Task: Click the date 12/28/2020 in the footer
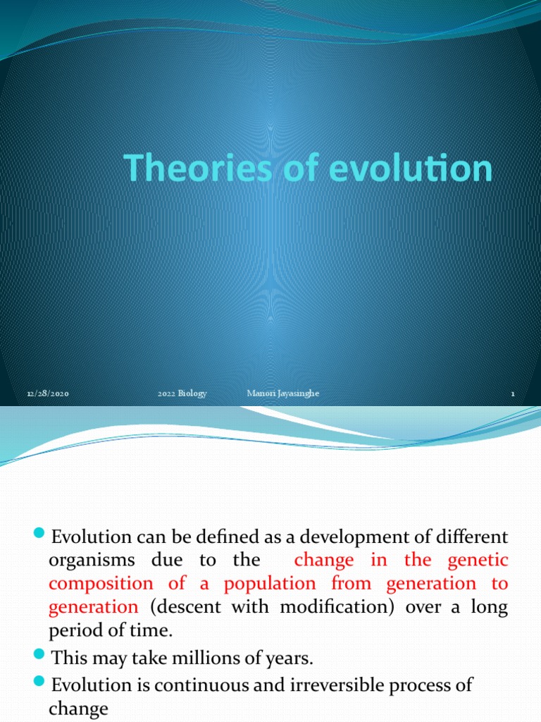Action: pyautogui.click(x=49, y=394)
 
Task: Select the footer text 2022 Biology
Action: pyautogui.click(x=182, y=393)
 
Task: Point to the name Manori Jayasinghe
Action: pyautogui.click(x=283, y=393)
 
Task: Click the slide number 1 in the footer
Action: pyautogui.click(x=514, y=394)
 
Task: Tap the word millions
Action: pyautogui.click(x=180, y=659)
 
